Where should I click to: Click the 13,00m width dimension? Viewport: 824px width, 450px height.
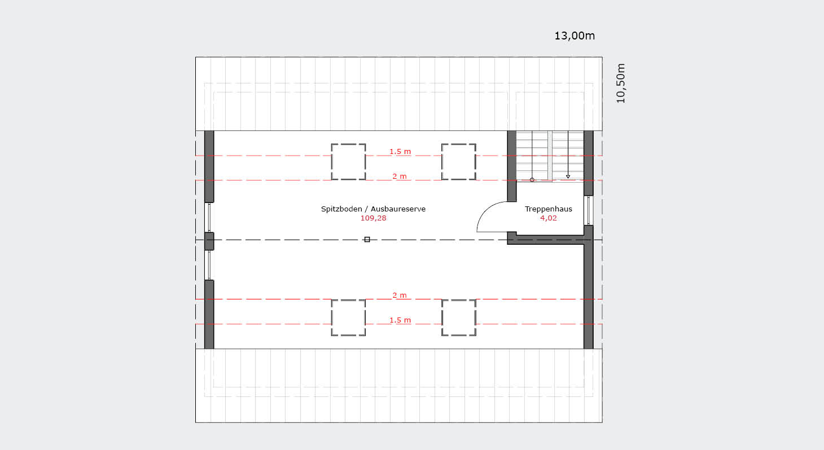point(574,36)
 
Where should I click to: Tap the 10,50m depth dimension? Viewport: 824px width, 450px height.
point(621,83)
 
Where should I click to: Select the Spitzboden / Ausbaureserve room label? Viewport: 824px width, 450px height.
point(373,209)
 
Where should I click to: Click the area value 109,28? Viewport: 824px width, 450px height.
point(373,218)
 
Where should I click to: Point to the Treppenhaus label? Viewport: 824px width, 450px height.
point(548,209)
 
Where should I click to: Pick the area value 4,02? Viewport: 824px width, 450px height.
point(548,218)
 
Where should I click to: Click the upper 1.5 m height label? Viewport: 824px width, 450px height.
point(400,152)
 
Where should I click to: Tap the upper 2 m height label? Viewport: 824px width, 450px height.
point(400,176)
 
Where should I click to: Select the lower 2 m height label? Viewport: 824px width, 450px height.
point(400,295)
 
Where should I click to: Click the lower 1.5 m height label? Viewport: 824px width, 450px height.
point(400,320)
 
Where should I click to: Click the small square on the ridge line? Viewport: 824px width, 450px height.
point(367,239)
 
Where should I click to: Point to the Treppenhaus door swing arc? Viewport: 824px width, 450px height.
point(484,210)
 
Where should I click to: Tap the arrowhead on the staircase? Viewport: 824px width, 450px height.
point(568,177)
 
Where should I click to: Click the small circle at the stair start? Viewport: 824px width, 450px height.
point(532,180)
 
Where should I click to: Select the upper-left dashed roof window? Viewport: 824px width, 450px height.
point(348,162)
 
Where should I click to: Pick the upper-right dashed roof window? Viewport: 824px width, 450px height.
point(459,162)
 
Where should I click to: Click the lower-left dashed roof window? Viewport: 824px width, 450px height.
point(348,317)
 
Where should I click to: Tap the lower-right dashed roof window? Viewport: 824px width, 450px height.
point(459,317)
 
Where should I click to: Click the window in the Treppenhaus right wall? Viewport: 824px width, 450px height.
point(588,210)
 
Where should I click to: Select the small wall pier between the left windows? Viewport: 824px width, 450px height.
point(209,241)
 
